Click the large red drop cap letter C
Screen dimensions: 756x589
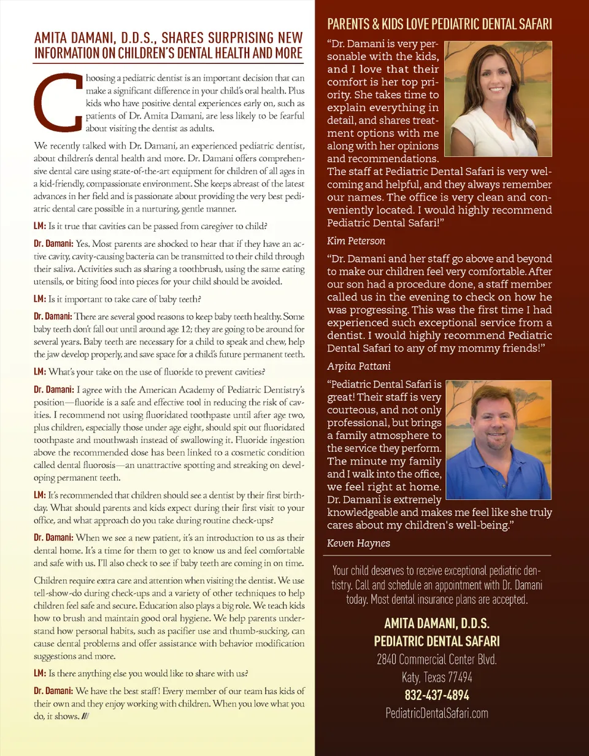tap(60, 103)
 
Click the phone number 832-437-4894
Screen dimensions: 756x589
tap(436, 696)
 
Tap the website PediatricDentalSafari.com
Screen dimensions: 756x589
tap(436, 713)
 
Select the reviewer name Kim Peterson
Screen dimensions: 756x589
tap(356, 241)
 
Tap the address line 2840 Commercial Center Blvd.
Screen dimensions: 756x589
tap(436, 660)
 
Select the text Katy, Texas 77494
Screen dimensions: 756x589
tap(436, 678)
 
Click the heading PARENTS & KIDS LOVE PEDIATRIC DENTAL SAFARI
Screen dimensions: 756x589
tap(439, 25)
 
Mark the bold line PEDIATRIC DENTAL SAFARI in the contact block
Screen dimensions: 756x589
tap(436, 642)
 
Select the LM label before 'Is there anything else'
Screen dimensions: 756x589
tap(39, 672)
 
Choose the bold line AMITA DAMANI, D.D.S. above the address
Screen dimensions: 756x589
tap(436, 623)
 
